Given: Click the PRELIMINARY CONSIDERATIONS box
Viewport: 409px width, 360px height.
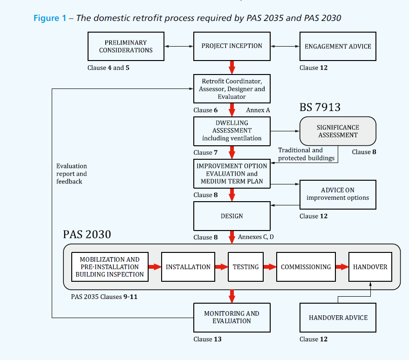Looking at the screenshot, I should click(x=126, y=46).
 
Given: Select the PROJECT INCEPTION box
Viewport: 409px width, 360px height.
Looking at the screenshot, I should click(x=232, y=46).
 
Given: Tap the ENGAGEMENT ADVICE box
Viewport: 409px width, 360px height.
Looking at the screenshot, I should click(x=338, y=46).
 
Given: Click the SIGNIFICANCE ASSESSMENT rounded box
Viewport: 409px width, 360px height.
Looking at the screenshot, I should click(x=338, y=131).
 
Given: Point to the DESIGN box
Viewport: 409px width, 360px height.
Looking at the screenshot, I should click(x=232, y=216).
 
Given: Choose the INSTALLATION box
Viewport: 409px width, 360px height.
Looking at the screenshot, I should click(x=188, y=267).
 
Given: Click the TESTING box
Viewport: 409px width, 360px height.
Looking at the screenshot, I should click(x=245, y=267).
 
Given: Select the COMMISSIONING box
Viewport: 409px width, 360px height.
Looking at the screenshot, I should click(x=306, y=267).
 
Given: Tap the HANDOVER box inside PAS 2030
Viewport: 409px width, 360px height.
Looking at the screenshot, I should click(x=370, y=267).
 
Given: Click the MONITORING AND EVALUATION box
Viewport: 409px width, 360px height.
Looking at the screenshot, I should click(x=232, y=317).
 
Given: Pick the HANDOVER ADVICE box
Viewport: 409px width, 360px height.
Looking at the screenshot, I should click(x=338, y=318).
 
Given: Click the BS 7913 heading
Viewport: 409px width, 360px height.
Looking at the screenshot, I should click(x=320, y=108).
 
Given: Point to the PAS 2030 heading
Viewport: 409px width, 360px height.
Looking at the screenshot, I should click(x=87, y=234).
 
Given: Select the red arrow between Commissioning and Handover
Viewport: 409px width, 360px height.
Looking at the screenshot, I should click(x=342, y=267).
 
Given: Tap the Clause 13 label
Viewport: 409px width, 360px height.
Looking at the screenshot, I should click(x=207, y=339).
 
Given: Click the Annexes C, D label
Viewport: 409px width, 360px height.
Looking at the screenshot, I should click(x=256, y=237).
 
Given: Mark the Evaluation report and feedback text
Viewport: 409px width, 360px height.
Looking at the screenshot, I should click(x=72, y=174).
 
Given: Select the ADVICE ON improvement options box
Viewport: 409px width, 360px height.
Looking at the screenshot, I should click(x=338, y=194).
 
